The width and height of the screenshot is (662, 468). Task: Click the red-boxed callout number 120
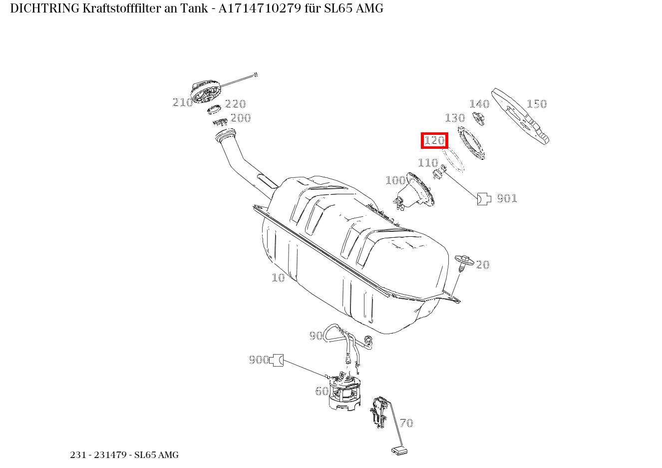click(434, 140)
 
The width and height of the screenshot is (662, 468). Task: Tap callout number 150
click(537, 104)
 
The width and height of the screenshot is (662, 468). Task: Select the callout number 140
click(479, 104)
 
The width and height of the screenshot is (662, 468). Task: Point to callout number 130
click(455, 118)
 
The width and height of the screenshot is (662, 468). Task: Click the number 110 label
click(428, 163)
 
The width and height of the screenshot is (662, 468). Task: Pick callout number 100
click(396, 180)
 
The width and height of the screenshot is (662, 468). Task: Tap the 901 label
click(507, 198)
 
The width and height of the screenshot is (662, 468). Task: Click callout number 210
click(183, 102)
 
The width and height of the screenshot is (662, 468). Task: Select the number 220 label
click(235, 104)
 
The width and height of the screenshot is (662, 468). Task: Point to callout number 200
click(241, 118)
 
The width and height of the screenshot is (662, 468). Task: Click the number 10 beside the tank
click(278, 278)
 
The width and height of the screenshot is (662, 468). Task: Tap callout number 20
click(483, 265)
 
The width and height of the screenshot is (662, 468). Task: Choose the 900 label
click(259, 360)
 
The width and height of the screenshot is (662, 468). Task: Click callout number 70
click(406, 423)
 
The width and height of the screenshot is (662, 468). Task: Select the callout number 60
click(322, 391)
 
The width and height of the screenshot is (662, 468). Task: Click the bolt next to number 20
click(464, 263)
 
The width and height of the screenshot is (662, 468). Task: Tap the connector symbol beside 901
click(484, 199)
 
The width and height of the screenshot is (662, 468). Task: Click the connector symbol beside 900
click(276, 360)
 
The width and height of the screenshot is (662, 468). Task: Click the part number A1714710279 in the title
click(260, 8)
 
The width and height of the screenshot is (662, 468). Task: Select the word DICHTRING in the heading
click(45, 8)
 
